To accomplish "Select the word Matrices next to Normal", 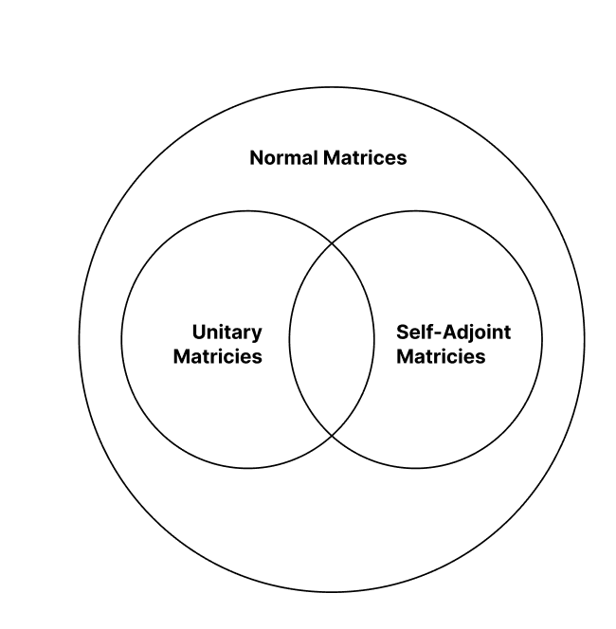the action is click(x=365, y=157).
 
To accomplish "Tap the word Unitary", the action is click(x=227, y=332).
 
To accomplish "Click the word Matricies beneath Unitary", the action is click(x=218, y=356).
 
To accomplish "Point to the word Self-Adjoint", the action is click(x=454, y=332).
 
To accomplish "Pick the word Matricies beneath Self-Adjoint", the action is click(x=441, y=356).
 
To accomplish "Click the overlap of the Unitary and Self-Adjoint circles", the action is click(x=332, y=339).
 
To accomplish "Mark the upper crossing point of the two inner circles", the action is click(x=333, y=243).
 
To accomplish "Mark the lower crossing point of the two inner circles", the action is click(x=333, y=435).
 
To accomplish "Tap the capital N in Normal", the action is click(x=256, y=157).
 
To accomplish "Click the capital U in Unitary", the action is click(x=199, y=332).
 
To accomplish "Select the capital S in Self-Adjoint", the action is click(x=403, y=332).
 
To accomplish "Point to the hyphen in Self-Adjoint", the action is click(x=438, y=334).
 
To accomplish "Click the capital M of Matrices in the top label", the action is click(x=331, y=157).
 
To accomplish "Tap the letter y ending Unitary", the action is click(x=257, y=335).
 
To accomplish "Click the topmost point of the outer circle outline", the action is click(x=332, y=87).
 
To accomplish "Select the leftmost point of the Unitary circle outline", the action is click(x=122, y=339).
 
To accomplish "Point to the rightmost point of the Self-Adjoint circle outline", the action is click(x=542, y=339).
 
